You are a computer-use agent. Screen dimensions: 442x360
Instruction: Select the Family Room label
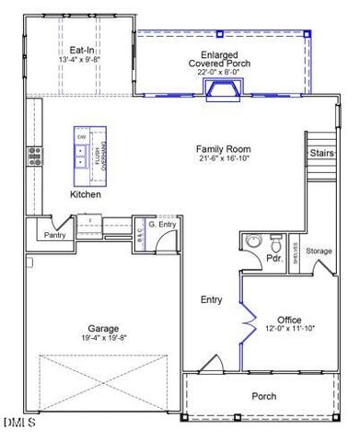pos(223,149)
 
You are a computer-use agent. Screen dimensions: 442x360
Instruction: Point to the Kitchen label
pos(86,195)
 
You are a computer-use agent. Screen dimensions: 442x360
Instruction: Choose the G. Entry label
pos(162,224)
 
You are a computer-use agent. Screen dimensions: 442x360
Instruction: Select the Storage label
pos(319,251)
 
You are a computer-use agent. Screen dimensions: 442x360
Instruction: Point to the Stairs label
pos(321,153)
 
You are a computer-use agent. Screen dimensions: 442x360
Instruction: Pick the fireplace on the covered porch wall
pos(223,89)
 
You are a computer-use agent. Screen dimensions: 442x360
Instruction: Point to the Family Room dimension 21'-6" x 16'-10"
pos(223,159)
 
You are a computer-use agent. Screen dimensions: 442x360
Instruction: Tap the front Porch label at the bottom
pos(264,396)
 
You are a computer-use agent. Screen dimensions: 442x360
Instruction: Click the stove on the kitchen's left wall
pos(35,155)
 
